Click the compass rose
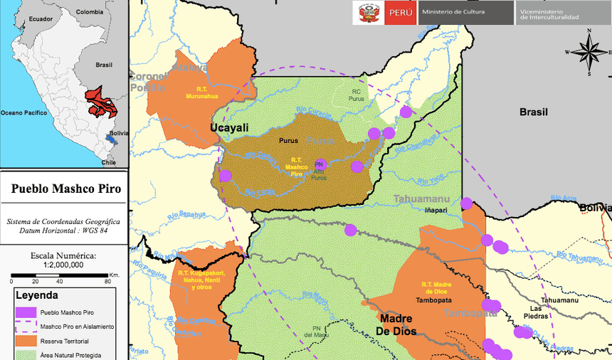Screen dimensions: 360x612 [x=589, y=52]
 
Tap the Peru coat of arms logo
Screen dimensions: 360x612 [x=369, y=13]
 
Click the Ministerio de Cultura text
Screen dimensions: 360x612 [x=453, y=12]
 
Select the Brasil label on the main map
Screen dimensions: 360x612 [x=533, y=112]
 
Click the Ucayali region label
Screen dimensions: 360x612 [x=229, y=127]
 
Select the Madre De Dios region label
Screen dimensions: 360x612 [x=396, y=324]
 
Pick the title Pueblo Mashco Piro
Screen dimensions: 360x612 [x=65, y=189]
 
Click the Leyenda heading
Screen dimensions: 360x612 [x=37, y=295]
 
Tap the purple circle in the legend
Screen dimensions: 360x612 [x=26, y=312]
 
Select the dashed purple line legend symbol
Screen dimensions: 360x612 [x=26, y=327]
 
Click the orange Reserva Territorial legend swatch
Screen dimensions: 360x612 [x=26, y=341]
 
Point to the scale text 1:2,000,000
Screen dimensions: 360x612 [x=63, y=264]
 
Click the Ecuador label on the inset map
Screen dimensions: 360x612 [x=41, y=19]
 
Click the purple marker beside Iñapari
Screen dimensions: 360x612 [x=466, y=203]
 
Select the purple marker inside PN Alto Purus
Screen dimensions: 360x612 [x=322, y=165]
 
